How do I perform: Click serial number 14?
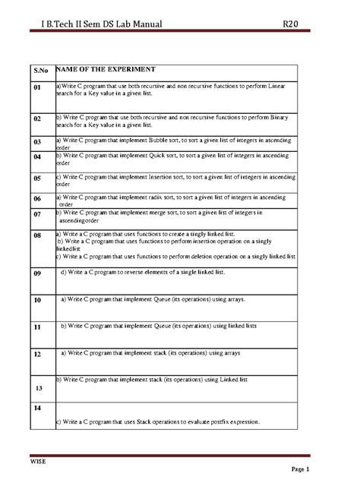36,409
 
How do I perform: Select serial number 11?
36,327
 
